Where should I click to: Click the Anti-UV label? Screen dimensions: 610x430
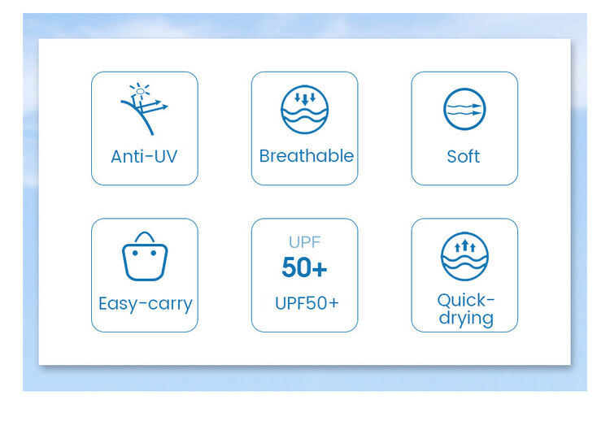[x=144, y=156]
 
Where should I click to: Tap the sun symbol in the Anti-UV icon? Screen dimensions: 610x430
[x=140, y=91]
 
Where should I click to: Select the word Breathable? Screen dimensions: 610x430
[x=306, y=156]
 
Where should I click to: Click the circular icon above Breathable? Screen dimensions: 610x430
[x=305, y=110]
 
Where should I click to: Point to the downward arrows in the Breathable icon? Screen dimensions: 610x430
[x=305, y=98]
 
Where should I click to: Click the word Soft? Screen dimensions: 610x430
[x=463, y=156]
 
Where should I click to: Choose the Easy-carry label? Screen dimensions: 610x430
[x=145, y=304]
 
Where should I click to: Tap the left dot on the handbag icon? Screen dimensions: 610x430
[x=135, y=253]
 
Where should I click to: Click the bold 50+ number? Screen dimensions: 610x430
[x=304, y=267]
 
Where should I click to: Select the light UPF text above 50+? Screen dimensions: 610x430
[x=305, y=242]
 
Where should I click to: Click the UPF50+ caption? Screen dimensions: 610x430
[x=307, y=303]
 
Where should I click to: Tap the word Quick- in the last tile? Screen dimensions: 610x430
[x=466, y=300]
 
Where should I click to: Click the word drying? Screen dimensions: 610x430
[x=466, y=319]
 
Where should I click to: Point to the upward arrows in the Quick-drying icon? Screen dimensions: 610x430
[x=465, y=245]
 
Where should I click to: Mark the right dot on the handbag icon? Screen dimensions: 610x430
[x=154, y=253]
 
